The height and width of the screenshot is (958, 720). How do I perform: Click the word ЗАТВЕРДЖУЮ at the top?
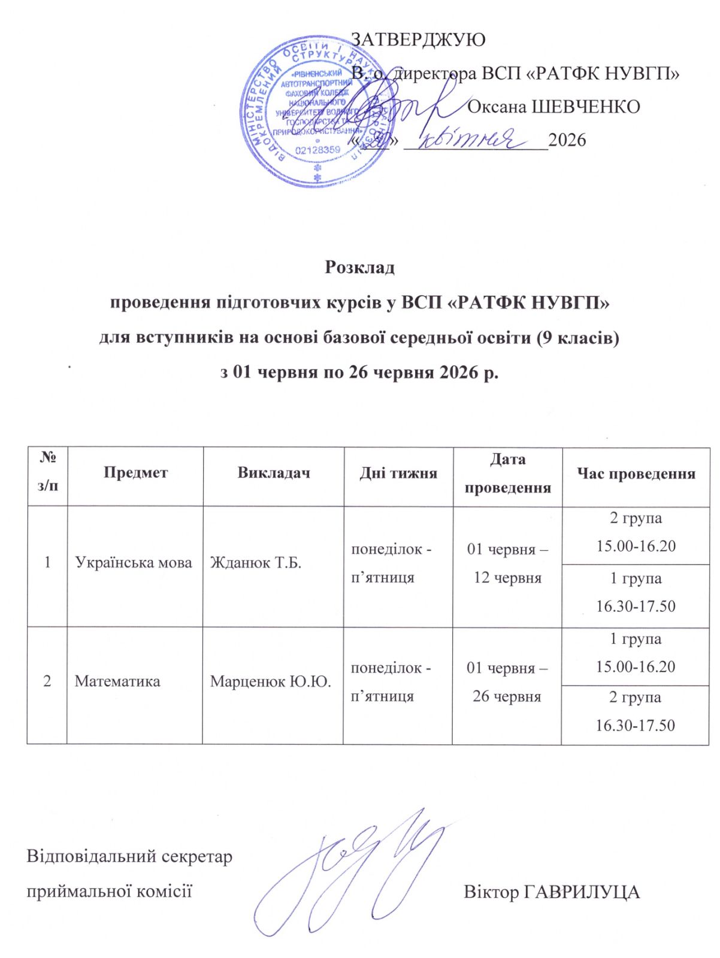pyautogui.click(x=418, y=40)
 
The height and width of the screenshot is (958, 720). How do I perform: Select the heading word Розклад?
pyautogui.click(x=359, y=267)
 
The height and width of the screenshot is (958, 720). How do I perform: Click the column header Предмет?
pyautogui.click(x=135, y=472)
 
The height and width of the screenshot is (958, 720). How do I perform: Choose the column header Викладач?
pyautogui.click(x=274, y=472)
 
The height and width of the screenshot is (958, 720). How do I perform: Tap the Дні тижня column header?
pyautogui.click(x=398, y=473)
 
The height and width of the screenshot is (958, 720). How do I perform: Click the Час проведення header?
pyautogui.click(x=636, y=474)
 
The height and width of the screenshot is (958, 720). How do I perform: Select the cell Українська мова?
pyautogui.click(x=133, y=563)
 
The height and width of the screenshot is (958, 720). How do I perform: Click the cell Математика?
pyautogui.click(x=117, y=681)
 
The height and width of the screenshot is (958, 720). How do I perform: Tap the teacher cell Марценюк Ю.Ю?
pyautogui.click(x=270, y=681)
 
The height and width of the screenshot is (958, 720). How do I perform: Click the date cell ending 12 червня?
pyautogui.click(x=507, y=563)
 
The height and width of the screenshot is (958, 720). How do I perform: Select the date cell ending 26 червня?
pyautogui.click(x=507, y=682)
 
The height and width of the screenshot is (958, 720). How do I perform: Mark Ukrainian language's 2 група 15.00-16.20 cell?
pyautogui.click(x=636, y=532)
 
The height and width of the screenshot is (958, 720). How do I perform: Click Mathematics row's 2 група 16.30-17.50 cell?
pyautogui.click(x=635, y=711)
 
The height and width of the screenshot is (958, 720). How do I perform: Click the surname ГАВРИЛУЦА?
pyautogui.click(x=582, y=892)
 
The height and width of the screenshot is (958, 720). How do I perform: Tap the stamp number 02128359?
pyautogui.click(x=317, y=150)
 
